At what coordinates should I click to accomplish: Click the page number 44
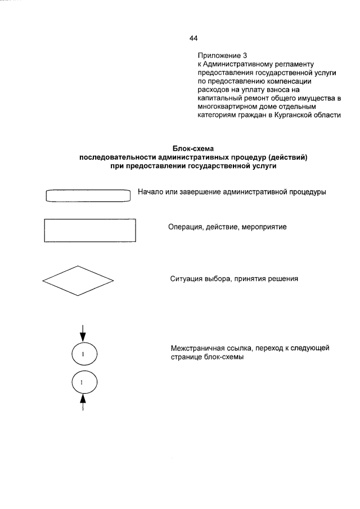point(194,38)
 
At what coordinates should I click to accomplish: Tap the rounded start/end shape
point(88,195)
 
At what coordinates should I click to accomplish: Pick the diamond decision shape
point(78,280)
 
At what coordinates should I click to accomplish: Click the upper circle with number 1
point(84,354)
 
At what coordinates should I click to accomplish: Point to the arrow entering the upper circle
point(84,332)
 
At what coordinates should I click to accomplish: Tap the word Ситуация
point(187,279)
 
